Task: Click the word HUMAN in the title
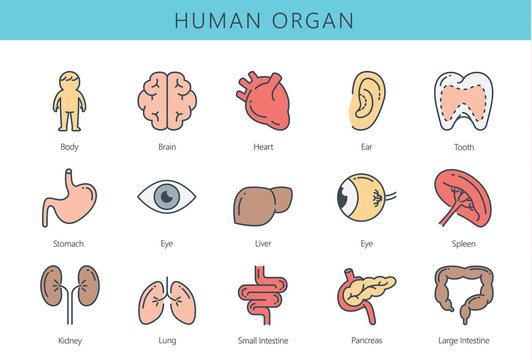(218, 21)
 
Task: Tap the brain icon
(166, 100)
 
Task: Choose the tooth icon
(463, 102)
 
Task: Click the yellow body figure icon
(68, 101)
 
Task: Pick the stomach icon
(68, 198)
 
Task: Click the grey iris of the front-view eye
(166, 198)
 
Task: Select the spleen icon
(461, 197)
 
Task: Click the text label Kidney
(70, 341)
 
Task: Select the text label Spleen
(463, 243)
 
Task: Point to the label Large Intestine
(463, 341)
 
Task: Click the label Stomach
(68, 243)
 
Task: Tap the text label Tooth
(463, 146)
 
